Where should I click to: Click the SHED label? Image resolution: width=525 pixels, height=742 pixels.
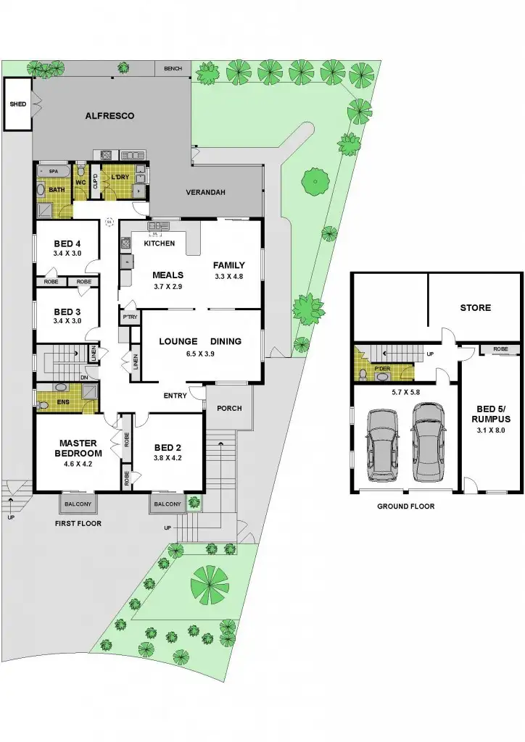coord(17,104)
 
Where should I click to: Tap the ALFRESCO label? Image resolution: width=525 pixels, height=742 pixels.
coord(109,115)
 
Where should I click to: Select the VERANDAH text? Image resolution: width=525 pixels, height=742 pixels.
coord(207,192)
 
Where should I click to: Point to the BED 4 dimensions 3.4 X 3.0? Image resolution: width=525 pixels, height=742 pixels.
coord(67,254)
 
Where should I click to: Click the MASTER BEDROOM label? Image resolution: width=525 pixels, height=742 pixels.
coord(79,448)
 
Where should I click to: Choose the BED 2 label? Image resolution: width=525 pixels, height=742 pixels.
coord(168,447)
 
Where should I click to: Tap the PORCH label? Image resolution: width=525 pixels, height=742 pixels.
coord(229,408)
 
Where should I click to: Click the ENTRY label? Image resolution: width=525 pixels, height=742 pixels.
coord(175,395)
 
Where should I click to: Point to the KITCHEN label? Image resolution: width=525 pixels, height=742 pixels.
coord(159,243)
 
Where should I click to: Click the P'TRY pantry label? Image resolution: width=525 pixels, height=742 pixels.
coord(130,318)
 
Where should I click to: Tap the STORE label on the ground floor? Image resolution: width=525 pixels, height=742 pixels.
coord(475,308)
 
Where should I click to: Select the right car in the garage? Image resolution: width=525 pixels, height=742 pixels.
coord(428,442)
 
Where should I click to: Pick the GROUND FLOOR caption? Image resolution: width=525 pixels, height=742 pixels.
coord(405,507)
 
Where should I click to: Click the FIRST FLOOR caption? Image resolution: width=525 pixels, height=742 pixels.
coord(79,523)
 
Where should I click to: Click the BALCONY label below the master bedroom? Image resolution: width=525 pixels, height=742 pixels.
coord(79,504)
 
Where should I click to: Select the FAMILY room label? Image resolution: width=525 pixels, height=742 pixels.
coord(229,265)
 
